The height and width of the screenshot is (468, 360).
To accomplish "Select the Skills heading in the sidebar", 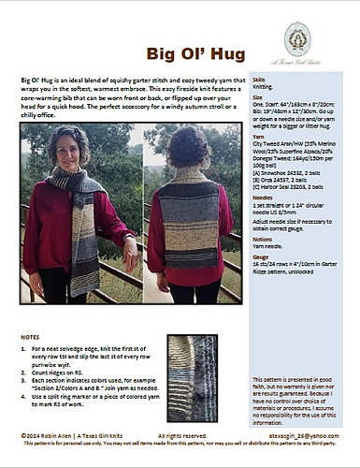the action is [x=259, y=82].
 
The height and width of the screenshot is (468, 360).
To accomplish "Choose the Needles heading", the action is [x=263, y=225].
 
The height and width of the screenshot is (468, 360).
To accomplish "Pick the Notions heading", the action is [x=263, y=265].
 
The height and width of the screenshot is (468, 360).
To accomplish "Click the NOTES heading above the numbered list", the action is [x=31, y=335].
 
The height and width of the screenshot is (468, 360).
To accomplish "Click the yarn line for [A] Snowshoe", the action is [x=286, y=199].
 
